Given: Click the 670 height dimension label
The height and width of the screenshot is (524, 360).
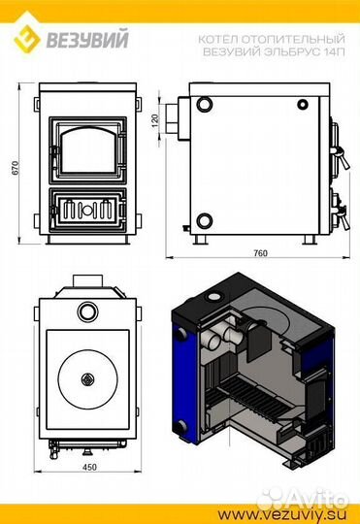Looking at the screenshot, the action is [16, 168].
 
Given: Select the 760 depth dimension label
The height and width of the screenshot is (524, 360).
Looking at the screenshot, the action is [260, 253].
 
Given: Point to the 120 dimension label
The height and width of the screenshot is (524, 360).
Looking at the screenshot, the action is [155, 120].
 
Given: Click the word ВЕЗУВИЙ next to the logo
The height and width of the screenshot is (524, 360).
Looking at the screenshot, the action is [87, 39].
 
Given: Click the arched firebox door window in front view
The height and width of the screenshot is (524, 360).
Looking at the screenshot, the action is [87, 149].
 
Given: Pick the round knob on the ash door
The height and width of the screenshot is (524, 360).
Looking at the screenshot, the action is [87, 210].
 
